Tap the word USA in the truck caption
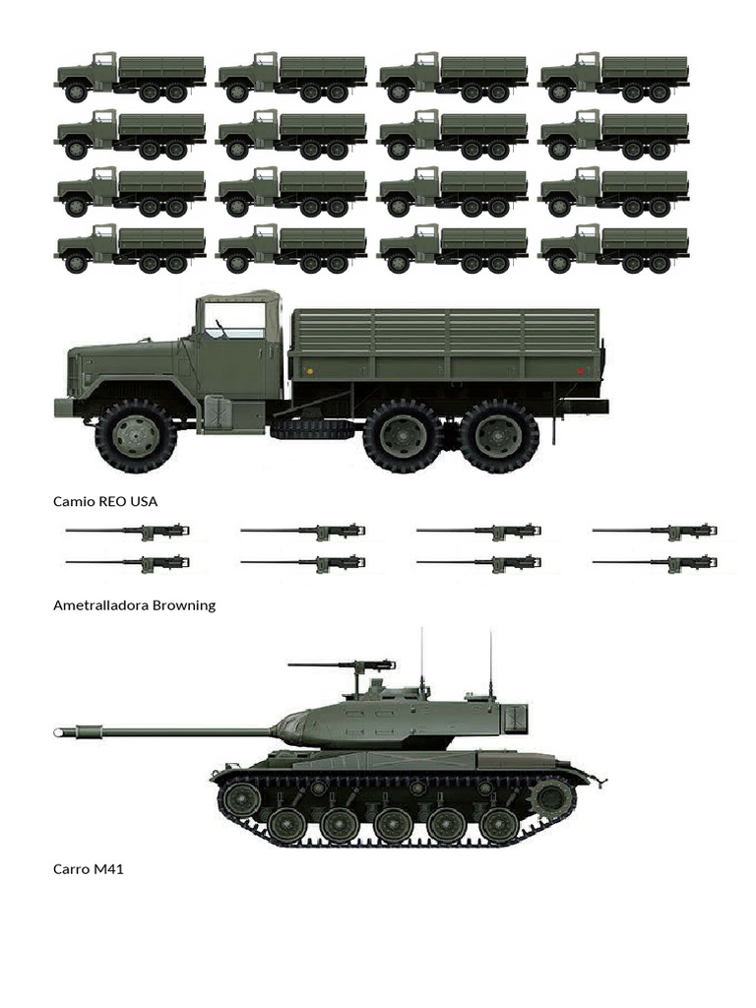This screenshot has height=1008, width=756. [143, 501]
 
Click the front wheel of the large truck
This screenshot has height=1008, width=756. [136, 435]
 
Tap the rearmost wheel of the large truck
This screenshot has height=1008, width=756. [498, 435]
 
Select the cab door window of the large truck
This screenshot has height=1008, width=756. [233, 321]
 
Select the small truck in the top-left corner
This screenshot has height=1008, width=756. [130, 77]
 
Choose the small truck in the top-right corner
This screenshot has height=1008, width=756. [614, 77]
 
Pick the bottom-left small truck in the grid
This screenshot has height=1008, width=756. [130, 248]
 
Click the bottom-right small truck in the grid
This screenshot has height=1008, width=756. [614, 248]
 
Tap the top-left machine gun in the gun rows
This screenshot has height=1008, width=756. [128, 531]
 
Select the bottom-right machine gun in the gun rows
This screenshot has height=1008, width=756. [655, 564]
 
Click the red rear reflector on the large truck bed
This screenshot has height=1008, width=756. [581, 371]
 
